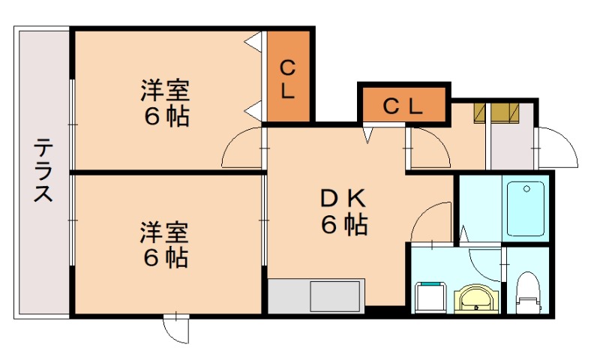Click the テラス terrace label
click(43, 171)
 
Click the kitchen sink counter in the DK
click(316, 296)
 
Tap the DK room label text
click(344, 211)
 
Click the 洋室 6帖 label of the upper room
click(166, 104)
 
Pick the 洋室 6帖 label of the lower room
click(166, 244)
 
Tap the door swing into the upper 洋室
click(241, 148)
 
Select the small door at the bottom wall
click(177, 328)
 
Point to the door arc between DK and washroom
click(432, 223)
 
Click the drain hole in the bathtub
click(529, 187)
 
